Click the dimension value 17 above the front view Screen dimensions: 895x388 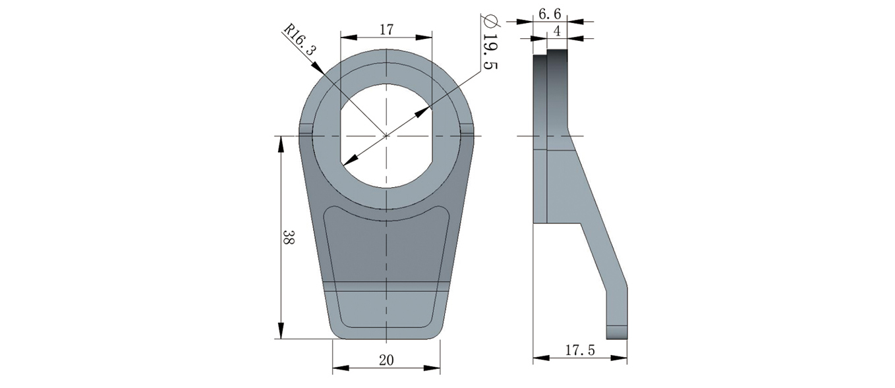(386, 30)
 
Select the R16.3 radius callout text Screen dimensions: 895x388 (300, 39)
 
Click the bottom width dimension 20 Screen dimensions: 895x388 (386, 360)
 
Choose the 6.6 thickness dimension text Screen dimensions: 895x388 (550, 14)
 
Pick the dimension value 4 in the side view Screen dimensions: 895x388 (557, 31)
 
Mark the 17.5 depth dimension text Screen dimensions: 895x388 (580, 350)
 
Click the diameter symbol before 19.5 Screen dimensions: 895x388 (490, 20)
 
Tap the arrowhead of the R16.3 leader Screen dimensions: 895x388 (318, 67)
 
